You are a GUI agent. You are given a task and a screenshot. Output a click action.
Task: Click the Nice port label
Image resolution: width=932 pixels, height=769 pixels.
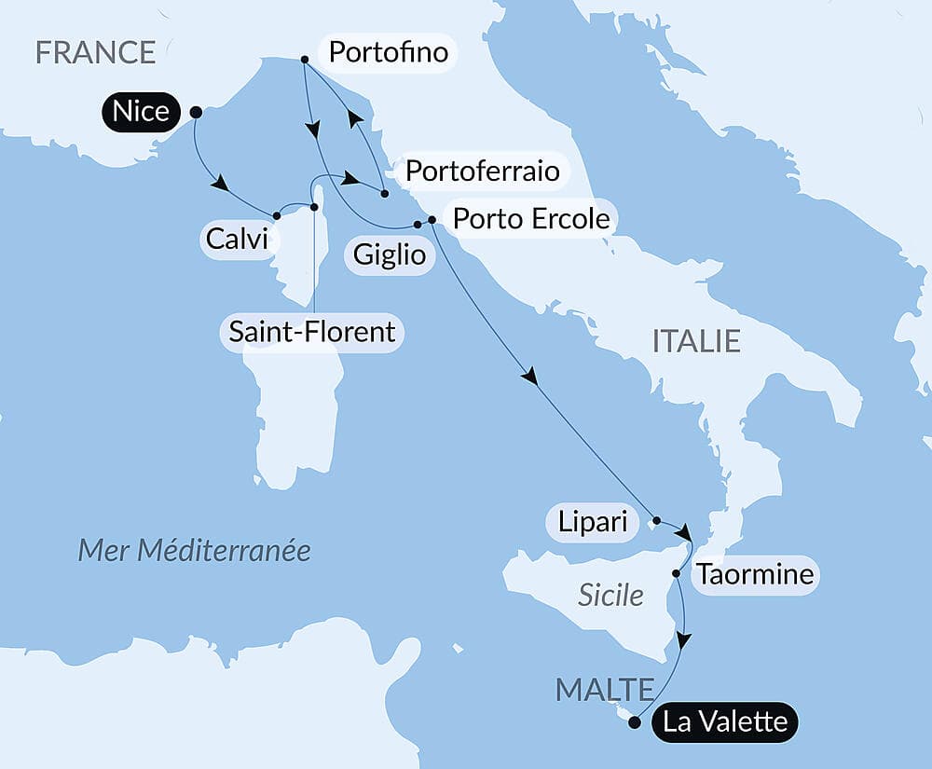point(141,112)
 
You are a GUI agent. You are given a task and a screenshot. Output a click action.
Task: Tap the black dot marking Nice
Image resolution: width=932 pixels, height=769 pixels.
point(196,112)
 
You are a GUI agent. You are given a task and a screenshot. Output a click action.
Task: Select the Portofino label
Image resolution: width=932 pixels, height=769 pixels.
point(388,52)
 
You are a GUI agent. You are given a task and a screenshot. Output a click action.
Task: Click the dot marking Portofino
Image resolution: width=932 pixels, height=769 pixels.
point(305,60)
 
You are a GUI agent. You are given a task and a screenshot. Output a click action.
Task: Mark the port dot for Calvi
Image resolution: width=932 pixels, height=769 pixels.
point(277,215)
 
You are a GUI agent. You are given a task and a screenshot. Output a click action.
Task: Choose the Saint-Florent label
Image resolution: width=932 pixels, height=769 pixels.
point(312,331)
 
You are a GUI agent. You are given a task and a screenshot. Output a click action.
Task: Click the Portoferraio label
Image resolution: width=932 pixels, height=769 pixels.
point(483,172)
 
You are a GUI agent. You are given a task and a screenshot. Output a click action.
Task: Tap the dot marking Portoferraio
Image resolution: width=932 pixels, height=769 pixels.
point(384,193)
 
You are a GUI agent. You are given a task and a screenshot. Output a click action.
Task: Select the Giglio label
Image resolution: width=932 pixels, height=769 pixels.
point(390,254)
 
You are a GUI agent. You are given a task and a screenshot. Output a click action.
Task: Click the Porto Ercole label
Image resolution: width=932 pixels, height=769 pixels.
point(531,219)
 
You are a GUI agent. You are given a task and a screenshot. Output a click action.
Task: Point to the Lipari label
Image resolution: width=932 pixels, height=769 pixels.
point(593,522)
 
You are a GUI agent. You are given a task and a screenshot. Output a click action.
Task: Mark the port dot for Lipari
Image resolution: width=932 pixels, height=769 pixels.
point(656,520)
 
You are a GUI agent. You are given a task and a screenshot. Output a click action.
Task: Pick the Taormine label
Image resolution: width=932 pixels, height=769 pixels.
point(754,575)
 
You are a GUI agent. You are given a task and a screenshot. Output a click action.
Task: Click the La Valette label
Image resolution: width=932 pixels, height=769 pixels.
point(724,721)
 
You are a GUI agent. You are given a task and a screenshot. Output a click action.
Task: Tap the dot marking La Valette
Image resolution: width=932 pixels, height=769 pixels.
point(635,721)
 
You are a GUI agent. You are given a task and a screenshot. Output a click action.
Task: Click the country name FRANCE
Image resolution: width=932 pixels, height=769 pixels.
point(95,52)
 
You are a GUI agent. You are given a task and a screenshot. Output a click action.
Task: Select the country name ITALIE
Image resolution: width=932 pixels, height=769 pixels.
point(696,341)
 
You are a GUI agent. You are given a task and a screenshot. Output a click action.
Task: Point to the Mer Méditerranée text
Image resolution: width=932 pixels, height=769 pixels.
point(194,550)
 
